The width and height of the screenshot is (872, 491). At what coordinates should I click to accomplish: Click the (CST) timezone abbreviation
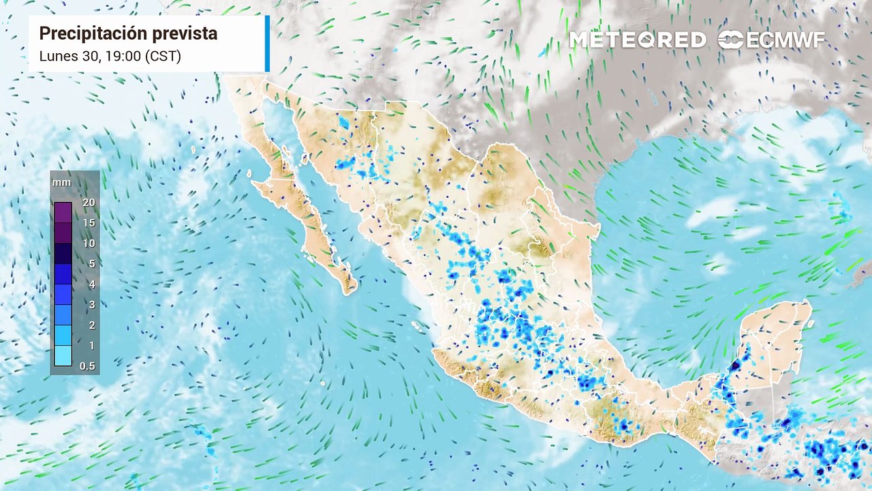pyautogui.click(x=163, y=56)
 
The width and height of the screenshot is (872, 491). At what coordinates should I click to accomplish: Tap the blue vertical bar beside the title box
pyautogui.click(x=267, y=43)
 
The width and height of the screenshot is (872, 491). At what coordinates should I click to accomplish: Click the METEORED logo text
pyautogui.click(x=638, y=40)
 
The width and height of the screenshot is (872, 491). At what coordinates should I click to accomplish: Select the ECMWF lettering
pyautogui.click(x=785, y=40)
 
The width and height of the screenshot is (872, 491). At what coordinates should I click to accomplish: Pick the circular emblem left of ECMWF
pyautogui.click(x=730, y=40)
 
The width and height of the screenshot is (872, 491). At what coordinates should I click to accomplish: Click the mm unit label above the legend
pyautogui.click(x=61, y=183)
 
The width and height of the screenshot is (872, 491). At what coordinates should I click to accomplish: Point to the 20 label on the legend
pyautogui.click(x=89, y=203)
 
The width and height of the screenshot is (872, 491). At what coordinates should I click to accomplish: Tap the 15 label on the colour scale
pyautogui.click(x=89, y=223)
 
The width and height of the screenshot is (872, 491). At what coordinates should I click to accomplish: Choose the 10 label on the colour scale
pyautogui.click(x=89, y=243)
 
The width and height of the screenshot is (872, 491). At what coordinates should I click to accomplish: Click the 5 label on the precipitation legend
pyautogui.click(x=91, y=264)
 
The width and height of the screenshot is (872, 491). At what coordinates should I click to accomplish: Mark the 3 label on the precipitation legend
pyautogui.click(x=91, y=305)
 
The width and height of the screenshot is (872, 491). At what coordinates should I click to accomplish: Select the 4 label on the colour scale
pyautogui.click(x=91, y=284)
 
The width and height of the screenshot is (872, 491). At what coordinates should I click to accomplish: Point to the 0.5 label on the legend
pyautogui.click(x=88, y=366)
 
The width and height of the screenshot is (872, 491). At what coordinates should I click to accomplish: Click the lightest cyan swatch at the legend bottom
pyautogui.click(x=63, y=356)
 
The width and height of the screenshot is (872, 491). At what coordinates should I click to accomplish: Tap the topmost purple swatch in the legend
pyautogui.click(x=63, y=212)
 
